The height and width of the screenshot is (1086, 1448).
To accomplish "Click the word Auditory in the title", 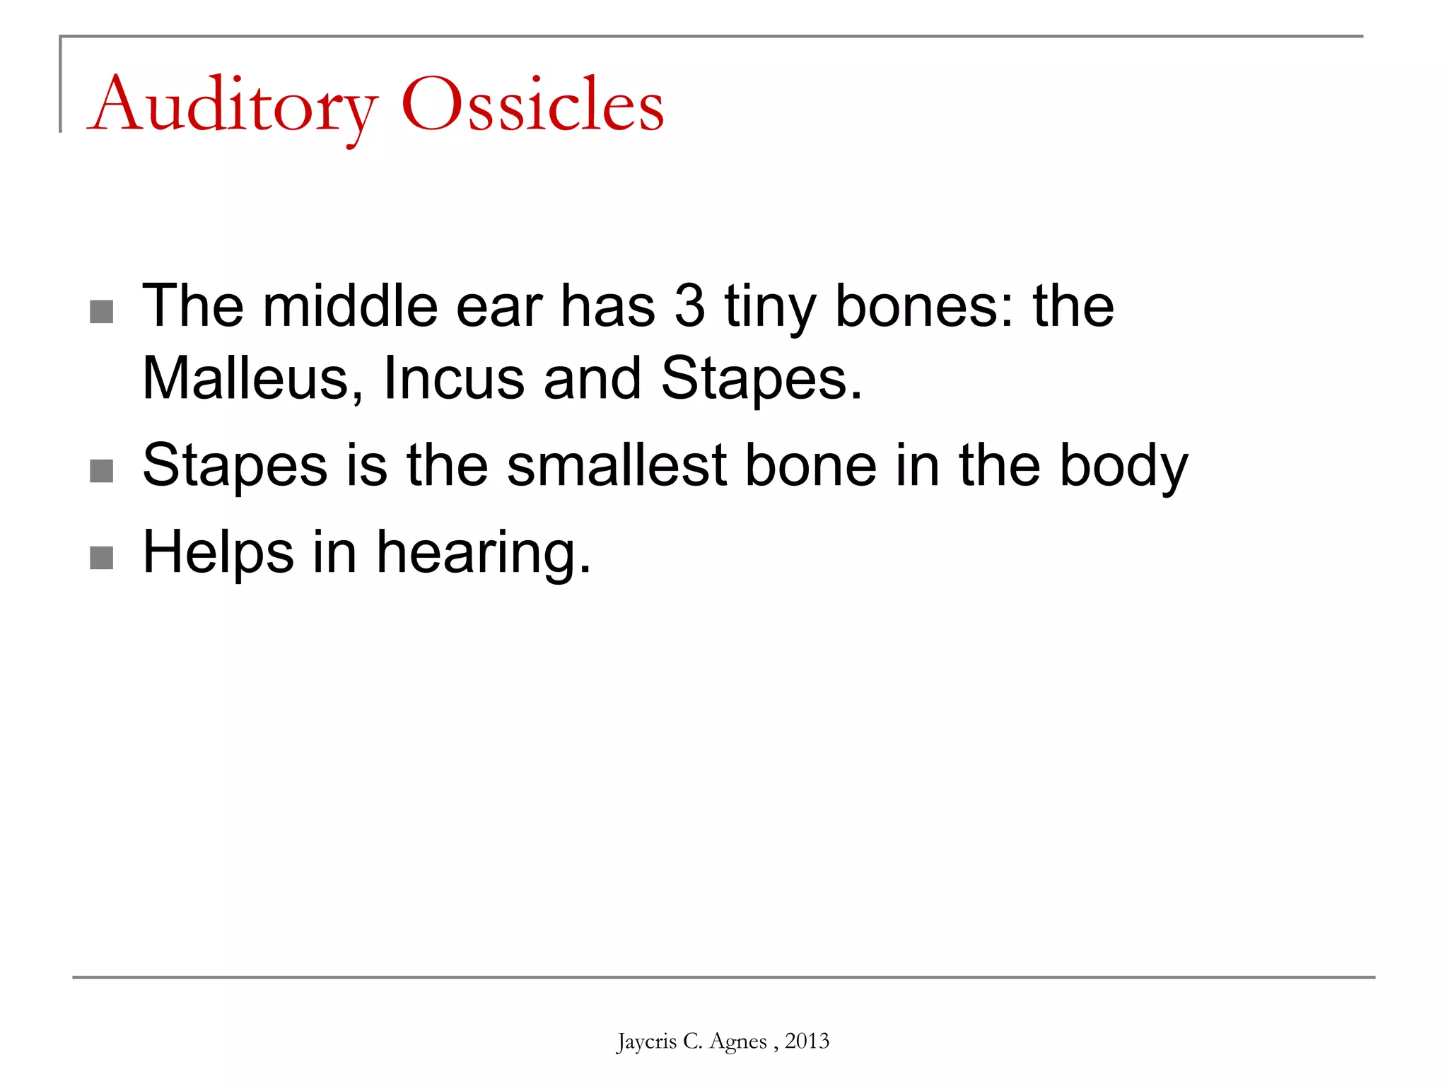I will click(x=233, y=106).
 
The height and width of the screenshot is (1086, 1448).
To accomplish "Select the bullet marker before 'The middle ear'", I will click(x=102, y=312).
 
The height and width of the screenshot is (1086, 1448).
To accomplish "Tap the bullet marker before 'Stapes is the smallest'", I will click(x=102, y=471).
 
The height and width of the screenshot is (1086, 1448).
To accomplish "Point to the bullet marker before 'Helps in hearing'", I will click(x=102, y=558).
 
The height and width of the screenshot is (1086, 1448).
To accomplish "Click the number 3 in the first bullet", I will click(x=689, y=306).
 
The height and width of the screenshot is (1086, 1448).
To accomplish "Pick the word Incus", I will click(x=453, y=378).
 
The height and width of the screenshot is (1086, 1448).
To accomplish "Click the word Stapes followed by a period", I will click(x=761, y=380).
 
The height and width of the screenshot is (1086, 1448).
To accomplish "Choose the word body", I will click(x=1123, y=467).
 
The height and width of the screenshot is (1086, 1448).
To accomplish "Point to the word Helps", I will click(x=218, y=554).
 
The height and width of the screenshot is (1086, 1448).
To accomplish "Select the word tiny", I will click(x=770, y=308).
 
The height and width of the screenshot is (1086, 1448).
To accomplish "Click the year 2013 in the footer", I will click(x=807, y=1041).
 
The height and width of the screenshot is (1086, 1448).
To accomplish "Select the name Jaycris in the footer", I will click(x=646, y=1041).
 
